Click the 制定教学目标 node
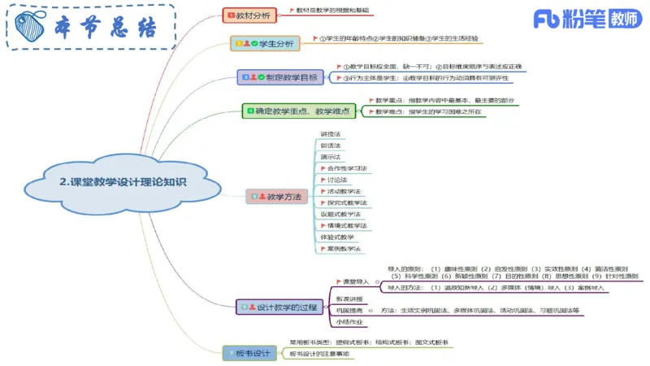coord(281,77)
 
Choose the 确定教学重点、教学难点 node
coord(300,111)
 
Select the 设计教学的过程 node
coord(280,307)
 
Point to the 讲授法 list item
coord(330,133)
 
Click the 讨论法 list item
coord(336,180)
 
